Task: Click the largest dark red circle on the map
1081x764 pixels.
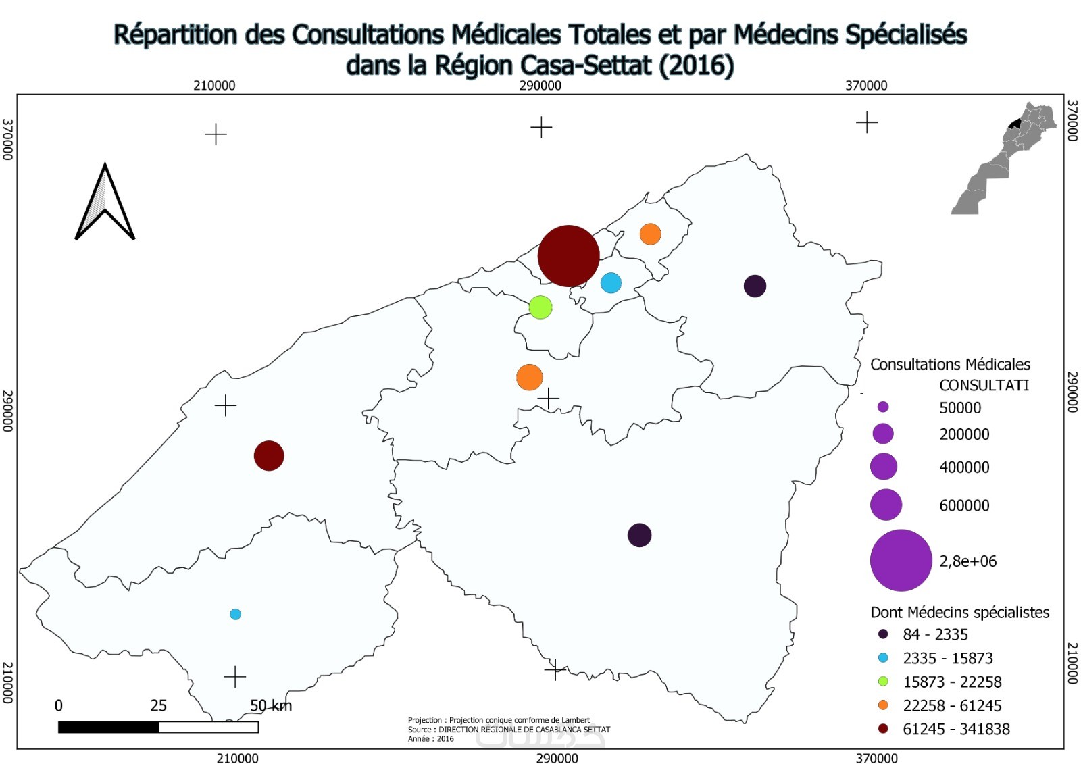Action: pyautogui.click(x=568, y=256)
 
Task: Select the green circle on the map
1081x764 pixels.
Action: pyautogui.click(x=540, y=307)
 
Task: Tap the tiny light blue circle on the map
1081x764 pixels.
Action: pyautogui.click(x=235, y=614)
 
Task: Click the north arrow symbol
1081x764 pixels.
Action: pyautogui.click(x=105, y=203)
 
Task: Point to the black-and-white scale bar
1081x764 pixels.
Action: pyautogui.click(x=158, y=728)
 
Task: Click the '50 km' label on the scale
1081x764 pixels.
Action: pyautogui.click(x=271, y=706)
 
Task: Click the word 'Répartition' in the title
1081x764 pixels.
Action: pyautogui.click(x=175, y=34)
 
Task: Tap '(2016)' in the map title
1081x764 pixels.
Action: pyautogui.click(x=697, y=66)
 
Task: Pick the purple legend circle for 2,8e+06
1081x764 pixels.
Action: pyautogui.click(x=901, y=561)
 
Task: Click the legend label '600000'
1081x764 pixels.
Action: pyautogui.click(x=964, y=505)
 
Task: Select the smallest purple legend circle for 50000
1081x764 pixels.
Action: pyautogui.click(x=882, y=407)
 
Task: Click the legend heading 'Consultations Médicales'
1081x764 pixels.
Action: pyautogui.click(x=950, y=365)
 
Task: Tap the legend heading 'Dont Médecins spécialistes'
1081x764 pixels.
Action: pyautogui.click(x=959, y=613)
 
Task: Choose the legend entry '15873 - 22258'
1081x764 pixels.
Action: pyautogui.click(x=952, y=682)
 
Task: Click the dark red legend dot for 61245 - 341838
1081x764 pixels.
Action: pyautogui.click(x=883, y=729)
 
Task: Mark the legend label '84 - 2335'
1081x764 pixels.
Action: pyautogui.click(x=935, y=635)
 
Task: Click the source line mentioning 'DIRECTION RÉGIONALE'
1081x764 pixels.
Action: pyautogui.click(x=509, y=730)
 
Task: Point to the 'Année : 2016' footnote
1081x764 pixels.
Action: pyautogui.click(x=431, y=739)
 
